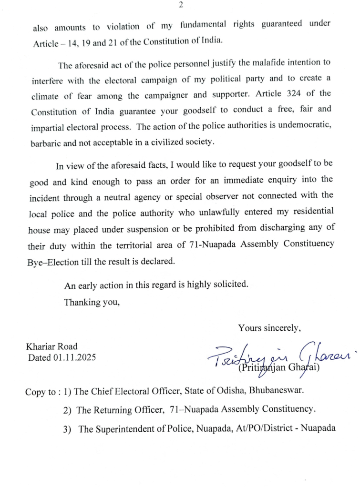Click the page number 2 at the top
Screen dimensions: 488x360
[x=181, y=6]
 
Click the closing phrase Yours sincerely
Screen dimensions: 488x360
[x=269, y=328]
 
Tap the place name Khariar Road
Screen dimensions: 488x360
[x=53, y=346]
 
